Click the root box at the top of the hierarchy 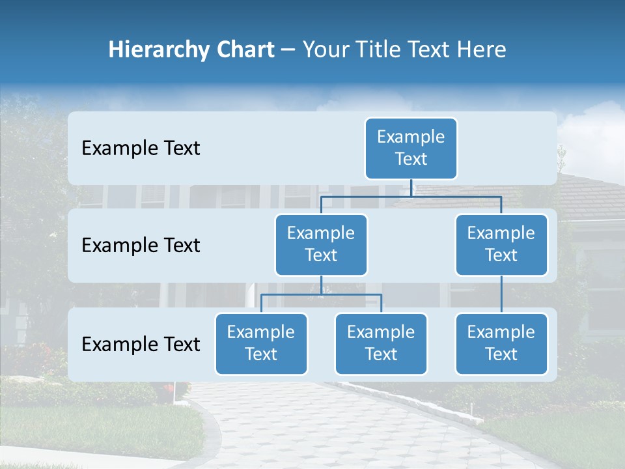[x=411, y=149]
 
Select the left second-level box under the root [x=321, y=244]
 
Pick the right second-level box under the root [x=501, y=244]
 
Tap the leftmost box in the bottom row [x=261, y=343]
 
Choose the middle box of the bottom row [x=381, y=343]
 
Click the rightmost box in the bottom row [x=501, y=343]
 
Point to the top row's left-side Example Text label [x=141, y=149]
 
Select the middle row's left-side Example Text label [x=141, y=246]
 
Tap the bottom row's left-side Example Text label [x=141, y=344]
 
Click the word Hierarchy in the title [x=160, y=50]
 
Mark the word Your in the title [x=326, y=50]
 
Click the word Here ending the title [x=482, y=50]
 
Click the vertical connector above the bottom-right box [x=501, y=294]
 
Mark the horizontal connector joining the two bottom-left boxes [x=321, y=294]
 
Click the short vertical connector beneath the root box [x=411, y=188]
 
